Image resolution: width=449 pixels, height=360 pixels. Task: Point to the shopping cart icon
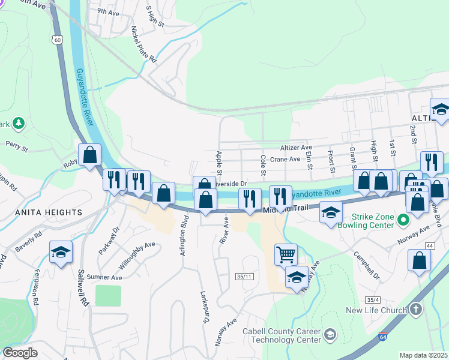point(286,254)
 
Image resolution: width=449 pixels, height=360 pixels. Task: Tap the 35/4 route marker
point(372,299)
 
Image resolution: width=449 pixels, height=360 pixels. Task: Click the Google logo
point(20,353)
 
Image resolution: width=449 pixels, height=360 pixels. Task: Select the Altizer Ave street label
point(296,147)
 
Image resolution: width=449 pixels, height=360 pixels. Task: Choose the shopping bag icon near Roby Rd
point(89,155)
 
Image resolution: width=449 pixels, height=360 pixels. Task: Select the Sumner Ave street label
point(104,278)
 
